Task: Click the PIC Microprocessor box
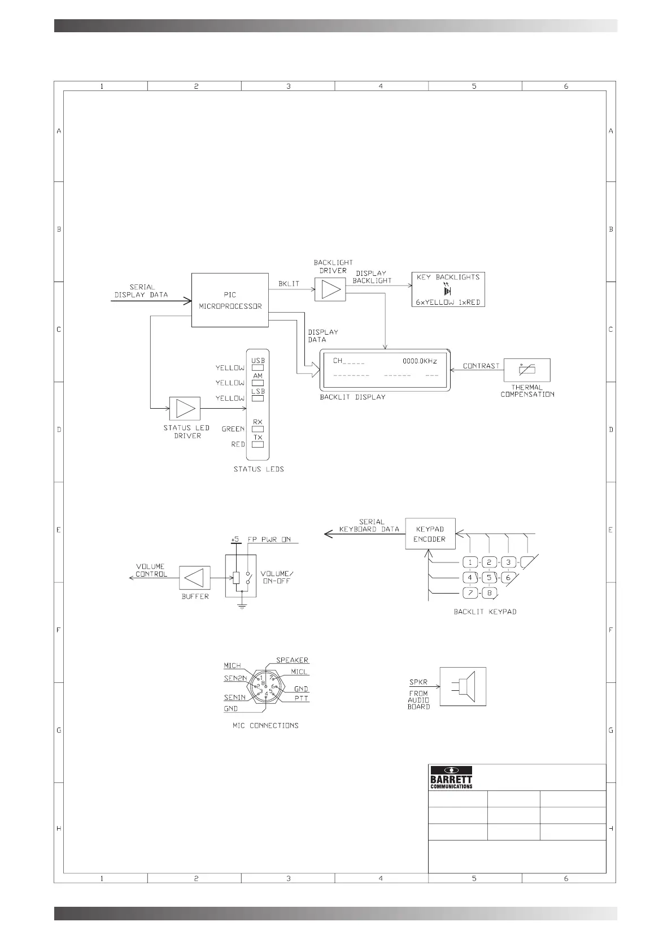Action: (x=230, y=300)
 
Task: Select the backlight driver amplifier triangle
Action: (x=330, y=289)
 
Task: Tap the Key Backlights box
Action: (x=448, y=289)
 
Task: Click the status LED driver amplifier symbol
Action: (x=185, y=408)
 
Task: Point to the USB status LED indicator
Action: (x=258, y=367)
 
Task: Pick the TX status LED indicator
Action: (x=258, y=444)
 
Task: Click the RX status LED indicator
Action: (x=258, y=429)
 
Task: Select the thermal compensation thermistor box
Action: (x=527, y=370)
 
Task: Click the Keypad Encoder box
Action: (x=430, y=534)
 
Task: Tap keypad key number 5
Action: (x=489, y=578)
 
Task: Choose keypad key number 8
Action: (x=489, y=593)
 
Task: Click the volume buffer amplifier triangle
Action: (x=195, y=578)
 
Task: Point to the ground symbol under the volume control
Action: (x=242, y=607)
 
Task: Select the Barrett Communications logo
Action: (x=451, y=777)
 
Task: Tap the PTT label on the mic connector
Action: (x=302, y=699)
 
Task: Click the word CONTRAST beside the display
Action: (x=481, y=366)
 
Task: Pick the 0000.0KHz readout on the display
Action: (x=420, y=361)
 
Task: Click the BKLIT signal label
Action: (x=289, y=284)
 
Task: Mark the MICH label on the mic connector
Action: (x=232, y=666)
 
